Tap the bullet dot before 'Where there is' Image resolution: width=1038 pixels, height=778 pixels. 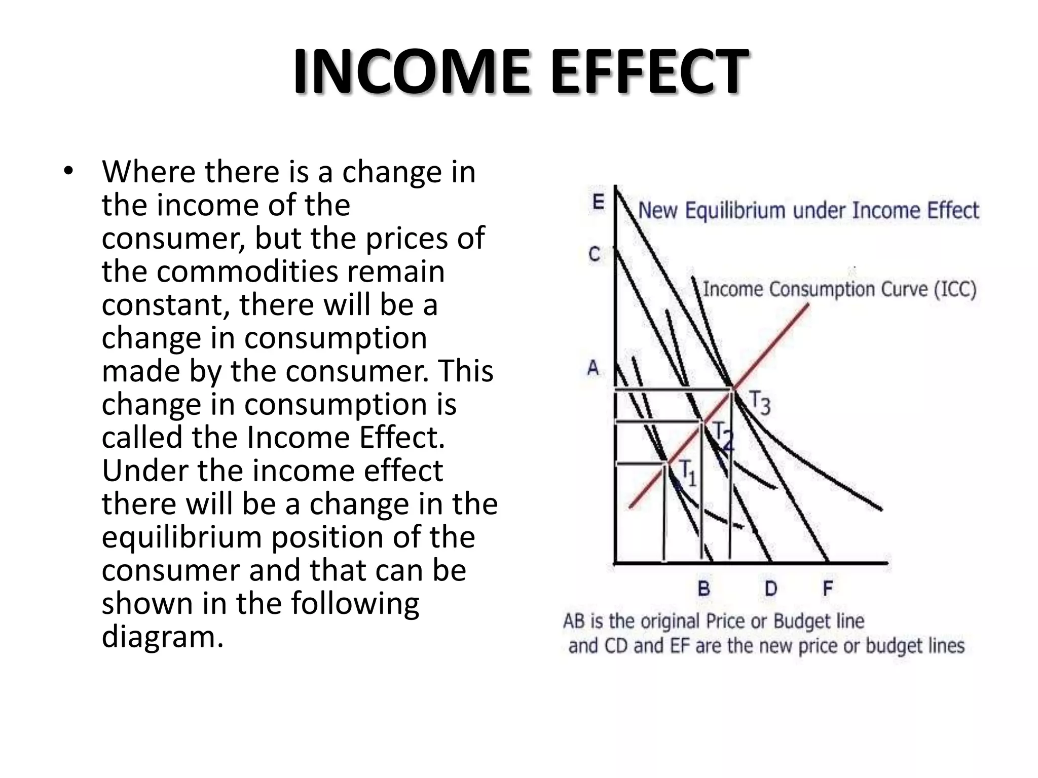pyautogui.click(x=68, y=171)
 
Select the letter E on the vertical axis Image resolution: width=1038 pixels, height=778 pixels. pyautogui.click(x=599, y=202)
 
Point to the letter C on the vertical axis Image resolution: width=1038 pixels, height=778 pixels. pyautogui.click(x=595, y=254)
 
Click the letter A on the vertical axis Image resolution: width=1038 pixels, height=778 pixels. pyautogui.click(x=593, y=368)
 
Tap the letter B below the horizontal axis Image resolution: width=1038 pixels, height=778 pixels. pyautogui.click(x=704, y=589)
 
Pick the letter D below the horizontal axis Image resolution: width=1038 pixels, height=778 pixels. pyautogui.click(x=770, y=589)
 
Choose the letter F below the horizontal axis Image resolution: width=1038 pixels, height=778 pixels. pyautogui.click(x=828, y=589)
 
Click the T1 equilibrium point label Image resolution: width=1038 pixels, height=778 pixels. pyautogui.click(x=687, y=473)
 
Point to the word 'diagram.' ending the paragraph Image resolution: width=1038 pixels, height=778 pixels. pyautogui.click(x=162, y=637)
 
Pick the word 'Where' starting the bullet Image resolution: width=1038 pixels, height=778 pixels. pyautogui.click(x=149, y=172)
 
